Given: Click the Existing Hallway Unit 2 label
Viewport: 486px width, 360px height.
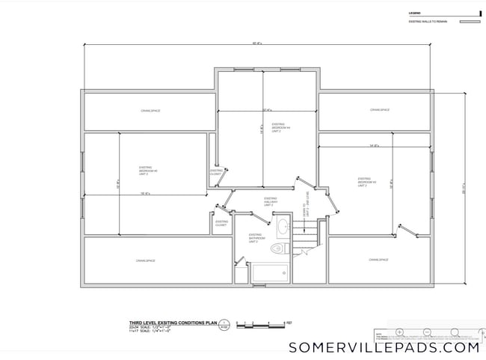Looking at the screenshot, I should click(x=271, y=201).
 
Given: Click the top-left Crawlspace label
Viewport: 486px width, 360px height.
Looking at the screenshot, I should click(x=150, y=111).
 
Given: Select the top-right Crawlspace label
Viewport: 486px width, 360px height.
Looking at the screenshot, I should click(x=380, y=110).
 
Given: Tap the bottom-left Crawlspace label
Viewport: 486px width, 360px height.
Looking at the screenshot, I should click(x=145, y=260).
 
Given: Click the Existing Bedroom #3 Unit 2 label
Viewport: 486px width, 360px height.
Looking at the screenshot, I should click(x=366, y=182).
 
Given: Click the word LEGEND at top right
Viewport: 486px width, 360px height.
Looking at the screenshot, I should click(x=413, y=13).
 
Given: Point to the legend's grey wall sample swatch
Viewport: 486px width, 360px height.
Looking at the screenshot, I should click(x=468, y=22).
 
